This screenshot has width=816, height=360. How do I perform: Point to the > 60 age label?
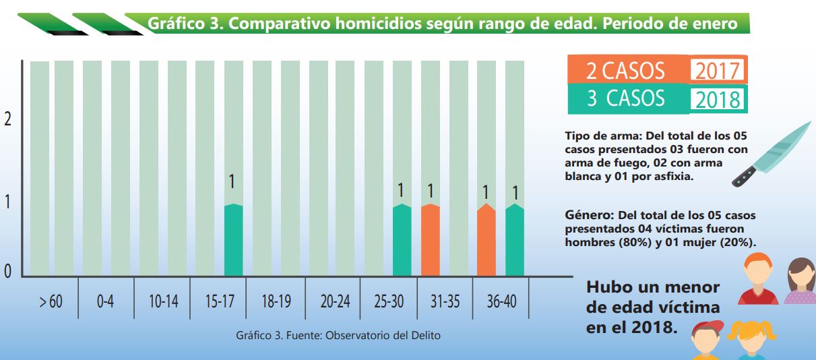click(50, 301)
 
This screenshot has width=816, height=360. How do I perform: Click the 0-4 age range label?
click(105, 301)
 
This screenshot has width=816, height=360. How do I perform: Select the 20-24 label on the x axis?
click(335, 301)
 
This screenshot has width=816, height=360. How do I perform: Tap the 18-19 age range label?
click(276, 301)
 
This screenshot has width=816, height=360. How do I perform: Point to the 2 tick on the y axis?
click(8, 119)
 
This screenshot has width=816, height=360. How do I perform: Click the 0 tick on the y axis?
click(8, 271)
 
